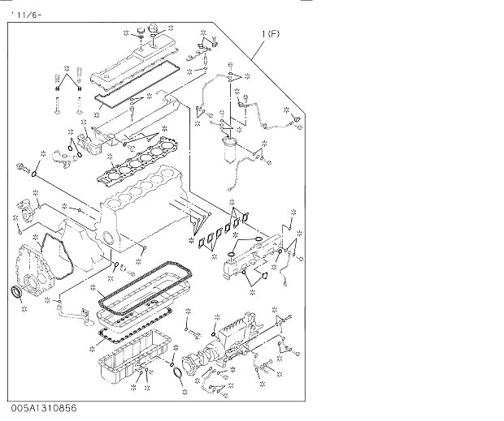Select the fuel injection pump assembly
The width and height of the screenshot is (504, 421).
point(232,341)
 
